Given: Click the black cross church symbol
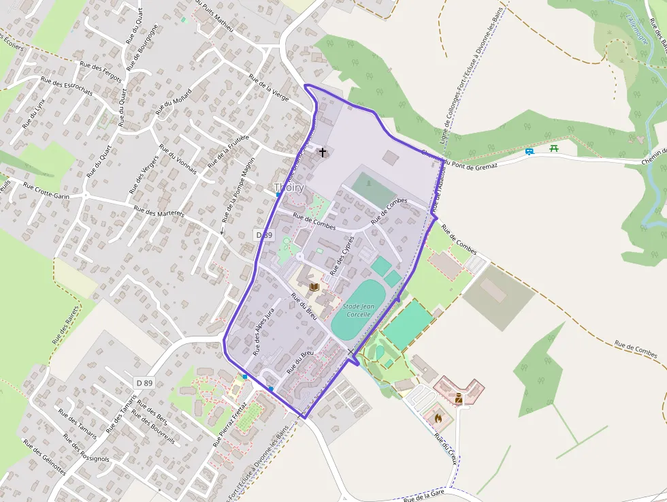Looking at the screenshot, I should pyautogui.click(x=323, y=152).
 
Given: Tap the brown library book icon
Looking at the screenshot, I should pyautogui.click(x=314, y=287).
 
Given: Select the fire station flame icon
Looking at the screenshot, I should pyautogui.click(x=438, y=418).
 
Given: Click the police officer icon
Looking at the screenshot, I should pyautogui.click(x=459, y=398).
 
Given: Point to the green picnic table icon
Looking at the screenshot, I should pyautogui.click(x=554, y=148).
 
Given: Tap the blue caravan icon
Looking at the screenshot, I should pyautogui.click(x=530, y=151).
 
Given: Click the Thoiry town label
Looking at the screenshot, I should pyautogui.click(x=289, y=187).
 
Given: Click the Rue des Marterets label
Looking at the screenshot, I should pyautogui.click(x=159, y=212).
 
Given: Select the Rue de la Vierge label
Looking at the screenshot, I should pyautogui.click(x=269, y=87).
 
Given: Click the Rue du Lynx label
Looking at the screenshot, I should pyautogui.click(x=33, y=114).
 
